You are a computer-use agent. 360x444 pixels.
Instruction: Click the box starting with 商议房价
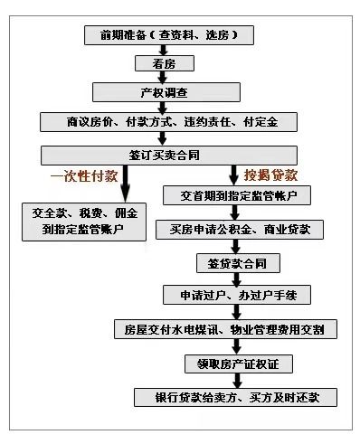[x=168, y=121]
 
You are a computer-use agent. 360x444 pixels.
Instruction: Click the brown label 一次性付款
[x=85, y=175]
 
